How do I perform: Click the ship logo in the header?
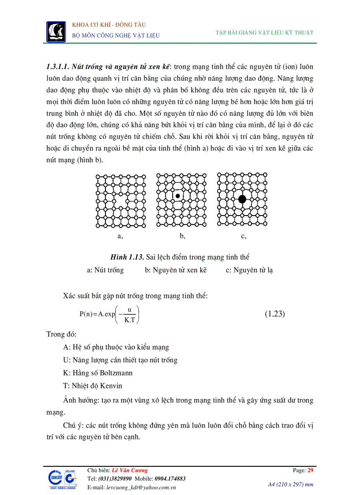click(56, 30)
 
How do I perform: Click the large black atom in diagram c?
click(242, 199)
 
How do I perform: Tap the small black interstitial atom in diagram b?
click(177, 196)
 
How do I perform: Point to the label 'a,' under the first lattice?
click(120, 236)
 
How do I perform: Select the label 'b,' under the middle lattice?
click(182, 236)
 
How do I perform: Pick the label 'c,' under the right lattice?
click(244, 236)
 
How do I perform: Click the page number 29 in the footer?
click(310, 470)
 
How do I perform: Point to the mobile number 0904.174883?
click(170, 479)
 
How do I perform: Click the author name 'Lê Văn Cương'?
click(130, 470)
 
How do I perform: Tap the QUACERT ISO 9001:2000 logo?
click(61, 480)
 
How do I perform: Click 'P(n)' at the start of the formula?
click(86, 314)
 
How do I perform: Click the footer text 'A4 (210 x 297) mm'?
click(291, 484)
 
